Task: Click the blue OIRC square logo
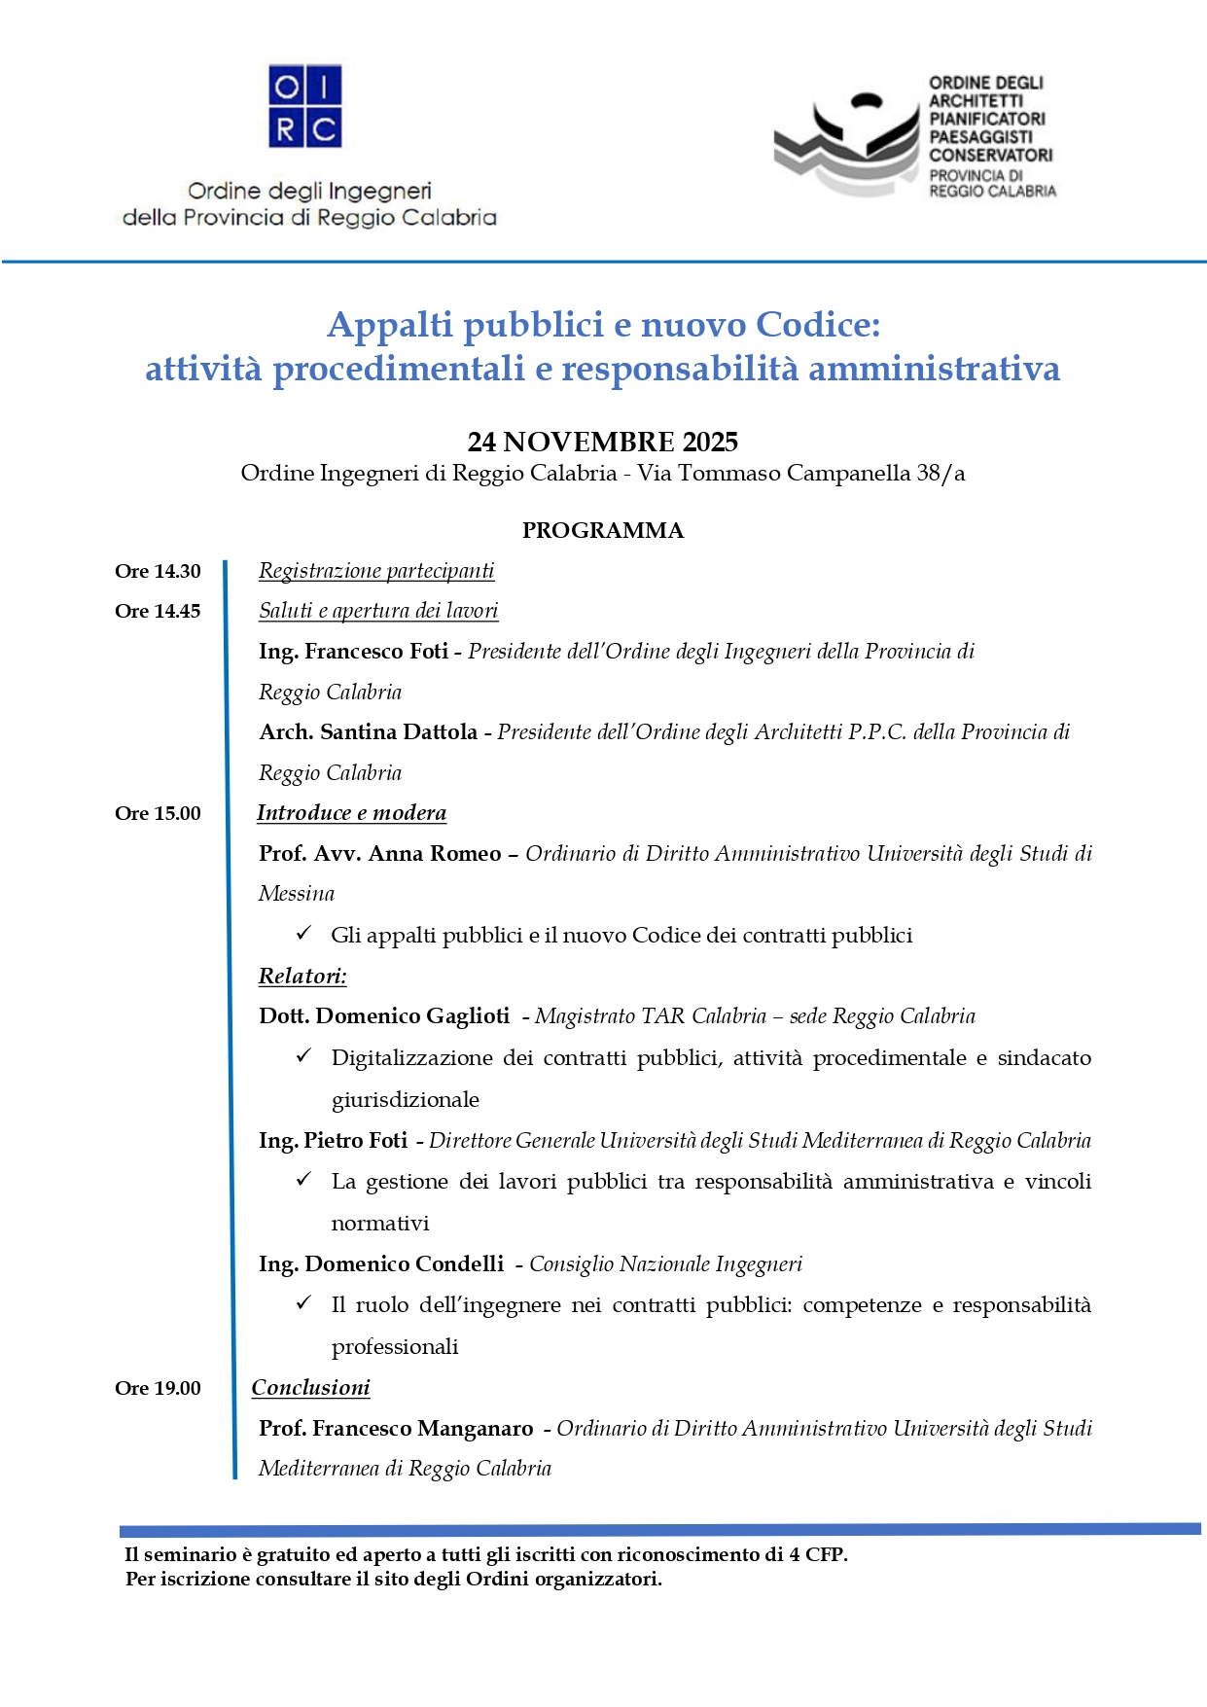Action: (x=305, y=106)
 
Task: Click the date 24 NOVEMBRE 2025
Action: (x=603, y=443)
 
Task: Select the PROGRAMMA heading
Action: (x=603, y=531)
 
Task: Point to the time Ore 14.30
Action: (x=158, y=572)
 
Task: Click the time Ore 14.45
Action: (x=158, y=612)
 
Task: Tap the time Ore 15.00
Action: (x=158, y=814)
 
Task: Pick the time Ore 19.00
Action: (x=158, y=1389)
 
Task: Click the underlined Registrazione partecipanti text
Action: (x=376, y=571)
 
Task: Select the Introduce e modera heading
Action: (x=351, y=813)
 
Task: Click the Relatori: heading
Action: (x=302, y=977)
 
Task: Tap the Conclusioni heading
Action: (x=311, y=1388)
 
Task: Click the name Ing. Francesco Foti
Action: (x=353, y=652)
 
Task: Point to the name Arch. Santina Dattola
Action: (x=369, y=732)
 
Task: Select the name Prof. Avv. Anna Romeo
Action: (x=380, y=854)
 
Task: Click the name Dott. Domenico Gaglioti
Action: (x=384, y=1016)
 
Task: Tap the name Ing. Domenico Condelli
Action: (x=381, y=1264)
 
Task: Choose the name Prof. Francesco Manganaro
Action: (x=396, y=1429)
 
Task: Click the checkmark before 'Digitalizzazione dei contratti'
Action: (x=303, y=1055)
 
